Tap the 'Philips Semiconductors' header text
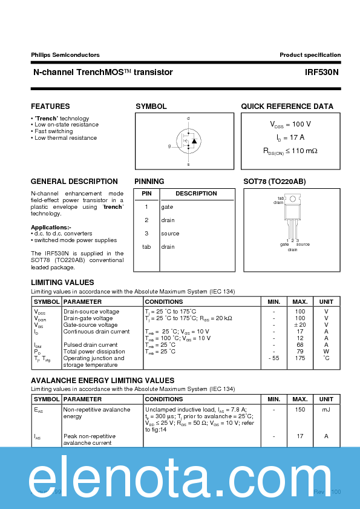tap(65, 54)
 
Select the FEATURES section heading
tap(50, 107)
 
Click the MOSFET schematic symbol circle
tap(188, 141)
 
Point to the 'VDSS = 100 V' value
tap(290, 124)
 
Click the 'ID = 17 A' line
tap(290, 137)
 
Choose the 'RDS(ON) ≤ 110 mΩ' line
tap(290, 151)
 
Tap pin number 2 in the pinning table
tap(146, 220)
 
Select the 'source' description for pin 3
tap(170, 234)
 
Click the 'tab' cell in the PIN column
tap(146, 247)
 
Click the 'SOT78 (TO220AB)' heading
tap(274, 182)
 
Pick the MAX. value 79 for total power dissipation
tap(300, 352)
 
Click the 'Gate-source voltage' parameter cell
tap(91, 325)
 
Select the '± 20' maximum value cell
tap(300, 325)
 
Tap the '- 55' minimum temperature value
tap(273, 358)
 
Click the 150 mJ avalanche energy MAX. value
tap(300, 410)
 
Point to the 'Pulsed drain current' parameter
tap(91, 345)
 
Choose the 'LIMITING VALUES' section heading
tap(62, 283)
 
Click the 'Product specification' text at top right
tap(310, 54)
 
